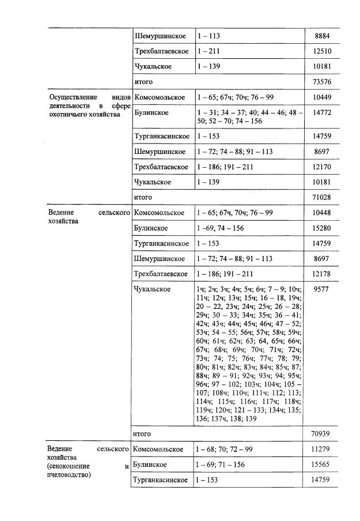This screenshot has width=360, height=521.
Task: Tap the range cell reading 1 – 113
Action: pyautogui.click(x=209, y=36)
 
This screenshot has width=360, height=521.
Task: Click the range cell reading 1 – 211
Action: pyautogui.click(x=209, y=52)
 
